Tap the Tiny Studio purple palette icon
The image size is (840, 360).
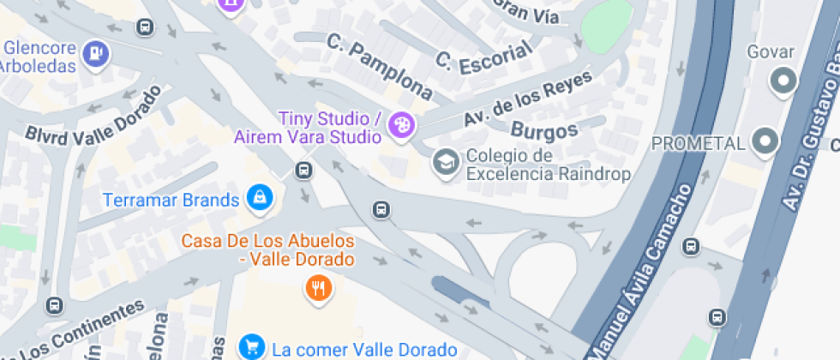coord(400,127)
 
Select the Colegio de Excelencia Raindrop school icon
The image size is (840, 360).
coord(445,161)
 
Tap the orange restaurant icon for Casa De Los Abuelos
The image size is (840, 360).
coord(318,288)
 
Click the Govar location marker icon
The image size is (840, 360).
coord(782,82)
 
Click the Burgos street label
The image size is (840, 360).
coord(543,131)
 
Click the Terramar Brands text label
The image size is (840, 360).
coord(171,201)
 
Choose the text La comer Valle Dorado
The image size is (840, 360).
coord(364,350)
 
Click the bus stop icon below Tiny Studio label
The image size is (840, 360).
coord(303,170)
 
